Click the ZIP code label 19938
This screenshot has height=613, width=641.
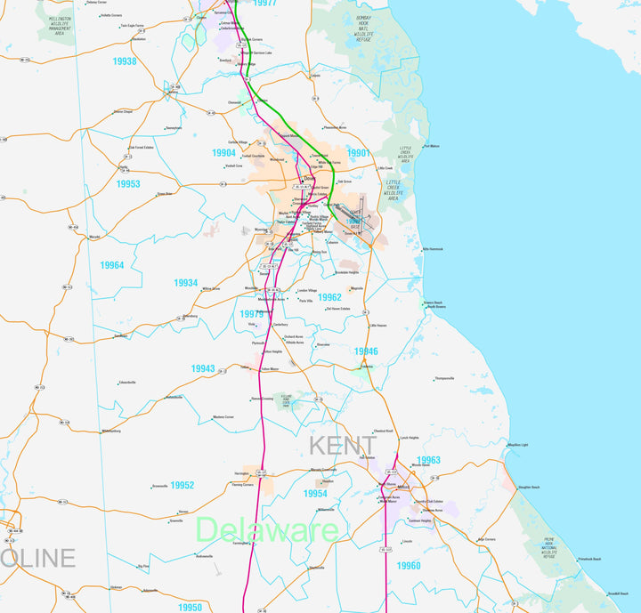pyautogui.click(x=125, y=61)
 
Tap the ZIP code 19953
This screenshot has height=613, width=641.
pyautogui.click(x=128, y=184)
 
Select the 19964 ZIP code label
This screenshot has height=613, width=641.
pyautogui.click(x=112, y=265)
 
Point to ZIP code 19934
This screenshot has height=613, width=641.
pyautogui.click(x=186, y=283)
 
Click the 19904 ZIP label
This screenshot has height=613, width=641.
pyautogui.click(x=223, y=153)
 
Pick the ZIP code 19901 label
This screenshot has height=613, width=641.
pyautogui.click(x=358, y=153)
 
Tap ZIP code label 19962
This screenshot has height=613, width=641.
pyautogui.click(x=329, y=297)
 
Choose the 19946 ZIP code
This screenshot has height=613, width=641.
pyautogui.click(x=366, y=351)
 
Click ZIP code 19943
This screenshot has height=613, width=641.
pyautogui.click(x=203, y=368)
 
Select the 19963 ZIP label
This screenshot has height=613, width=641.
pyautogui.click(x=428, y=460)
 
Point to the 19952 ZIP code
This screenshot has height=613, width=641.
pyautogui.click(x=183, y=485)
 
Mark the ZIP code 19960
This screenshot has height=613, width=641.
pyautogui.click(x=409, y=565)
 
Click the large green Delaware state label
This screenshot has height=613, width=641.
pyautogui.click(x=266, y=531)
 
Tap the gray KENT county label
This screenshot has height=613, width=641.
pyautogui.click(x=343, y=445)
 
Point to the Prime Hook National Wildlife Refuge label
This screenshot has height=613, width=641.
pyautogui.click(x=549, y=546)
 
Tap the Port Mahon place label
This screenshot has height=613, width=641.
pyautogui.click(x=432, y=146)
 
